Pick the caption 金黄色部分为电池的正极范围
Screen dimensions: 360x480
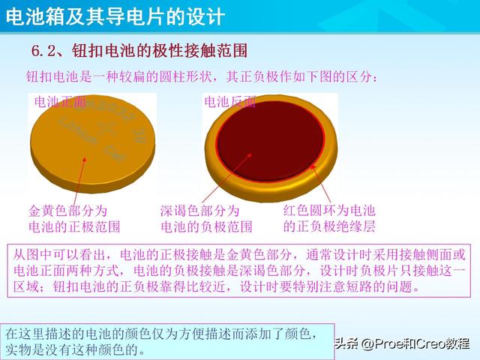73,218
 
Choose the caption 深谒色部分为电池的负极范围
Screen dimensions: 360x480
205,218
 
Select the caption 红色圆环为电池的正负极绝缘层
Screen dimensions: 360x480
328,218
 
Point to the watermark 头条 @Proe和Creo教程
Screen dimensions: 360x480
406,343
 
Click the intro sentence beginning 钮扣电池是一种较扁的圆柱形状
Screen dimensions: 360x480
202,76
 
